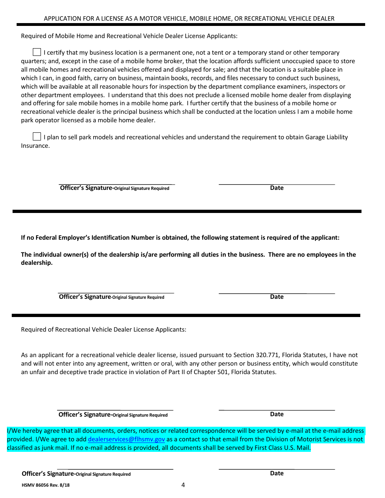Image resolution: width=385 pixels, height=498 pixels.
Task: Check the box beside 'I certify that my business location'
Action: point(37,52)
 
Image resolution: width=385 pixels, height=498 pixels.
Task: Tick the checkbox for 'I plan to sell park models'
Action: point(37,137)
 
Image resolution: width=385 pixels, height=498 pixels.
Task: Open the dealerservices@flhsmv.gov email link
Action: point(126,439)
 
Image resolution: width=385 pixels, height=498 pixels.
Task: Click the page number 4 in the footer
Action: point(183,485)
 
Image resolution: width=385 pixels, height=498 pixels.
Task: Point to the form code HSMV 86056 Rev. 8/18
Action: point(48,485)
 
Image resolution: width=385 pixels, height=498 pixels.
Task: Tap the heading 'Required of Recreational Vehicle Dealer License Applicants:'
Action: point(104,330)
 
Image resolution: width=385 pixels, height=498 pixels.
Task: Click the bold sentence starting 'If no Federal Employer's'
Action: point(180,238)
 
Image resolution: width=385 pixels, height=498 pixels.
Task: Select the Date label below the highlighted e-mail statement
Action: point(277,473)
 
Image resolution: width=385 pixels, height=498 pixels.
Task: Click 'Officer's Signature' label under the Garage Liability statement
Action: point(86,188)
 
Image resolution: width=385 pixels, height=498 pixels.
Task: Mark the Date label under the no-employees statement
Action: point(277,297)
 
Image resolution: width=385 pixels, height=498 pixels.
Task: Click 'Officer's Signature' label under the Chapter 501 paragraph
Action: point(85,415)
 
